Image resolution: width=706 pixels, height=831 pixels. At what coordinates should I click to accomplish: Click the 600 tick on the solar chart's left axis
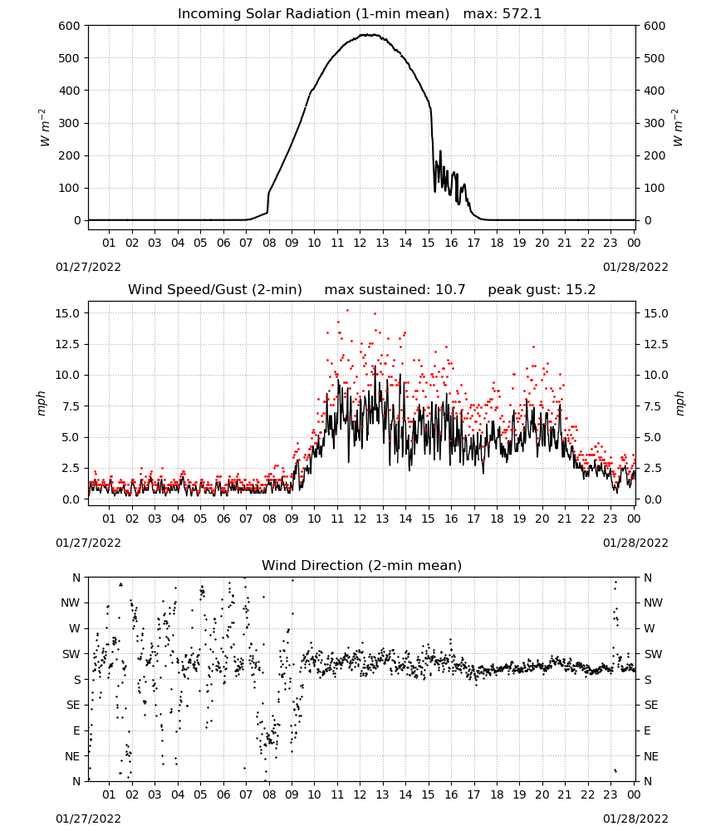pyautogui.click(x=70, y=26)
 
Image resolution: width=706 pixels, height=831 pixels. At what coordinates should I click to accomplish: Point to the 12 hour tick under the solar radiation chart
pyautogui.click(x=360, y=243)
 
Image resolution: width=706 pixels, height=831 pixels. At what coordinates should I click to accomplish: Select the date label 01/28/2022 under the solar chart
pyautogui.click(x=635, y=267)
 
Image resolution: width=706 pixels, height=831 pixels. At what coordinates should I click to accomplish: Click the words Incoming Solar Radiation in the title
pyautogui.click(x=264, y=14)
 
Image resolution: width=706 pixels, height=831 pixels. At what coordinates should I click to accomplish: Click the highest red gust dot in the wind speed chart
pyautogui.click(x=347, y=311)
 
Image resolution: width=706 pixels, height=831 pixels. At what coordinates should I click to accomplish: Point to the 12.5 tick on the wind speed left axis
pyautogui.click(x=68, y=345)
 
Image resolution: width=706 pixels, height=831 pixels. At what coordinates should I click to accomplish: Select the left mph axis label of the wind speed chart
pyautogui.click(x=42, y=403)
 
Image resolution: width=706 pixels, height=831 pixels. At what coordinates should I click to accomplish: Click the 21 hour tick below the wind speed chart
pyautogui.click(x=565, y=519)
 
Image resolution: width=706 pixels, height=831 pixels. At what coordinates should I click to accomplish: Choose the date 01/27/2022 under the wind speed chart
pyautogui.click(x=88, y=543)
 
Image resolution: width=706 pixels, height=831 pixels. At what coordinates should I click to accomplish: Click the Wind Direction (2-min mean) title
pyautogui.click(x=362, y=565)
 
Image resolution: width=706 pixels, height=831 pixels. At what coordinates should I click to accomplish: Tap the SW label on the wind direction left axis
pyautogui.click(x=71, y=654)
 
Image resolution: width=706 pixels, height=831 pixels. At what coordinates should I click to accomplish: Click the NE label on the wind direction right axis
pyautogui.click(x=651, y=756)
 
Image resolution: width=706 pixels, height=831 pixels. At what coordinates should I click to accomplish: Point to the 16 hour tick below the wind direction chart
pyautogui.click(x=451, y=794)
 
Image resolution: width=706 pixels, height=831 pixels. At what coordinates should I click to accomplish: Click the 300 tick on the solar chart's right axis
pyautogui.click(x=655, y=124)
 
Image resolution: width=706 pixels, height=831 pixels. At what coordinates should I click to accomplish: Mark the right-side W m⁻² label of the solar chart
pyautogui.click(x=679, y=128)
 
